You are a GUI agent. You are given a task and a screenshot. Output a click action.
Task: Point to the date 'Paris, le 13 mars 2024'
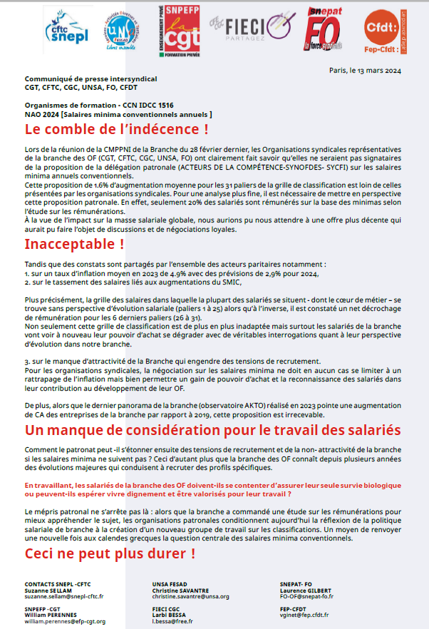pos(365,70)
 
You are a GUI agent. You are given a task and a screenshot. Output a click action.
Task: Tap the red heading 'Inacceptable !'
pos(74,244)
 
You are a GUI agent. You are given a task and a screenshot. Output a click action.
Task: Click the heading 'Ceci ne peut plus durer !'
pos(110,553)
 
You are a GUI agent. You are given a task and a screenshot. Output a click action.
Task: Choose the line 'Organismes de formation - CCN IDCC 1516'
pos(99,105)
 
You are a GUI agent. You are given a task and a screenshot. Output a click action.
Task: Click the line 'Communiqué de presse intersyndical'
pos(91,78)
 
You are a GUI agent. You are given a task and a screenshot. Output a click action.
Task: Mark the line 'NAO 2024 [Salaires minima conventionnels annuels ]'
pos(118,114)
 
